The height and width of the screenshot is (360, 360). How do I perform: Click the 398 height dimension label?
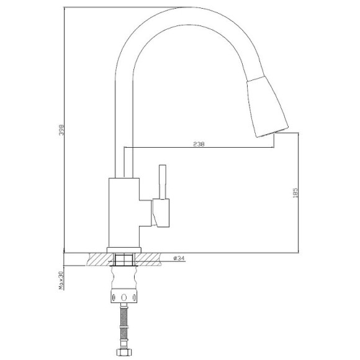pos(61,130)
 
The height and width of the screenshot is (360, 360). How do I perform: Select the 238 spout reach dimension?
pos(199,144)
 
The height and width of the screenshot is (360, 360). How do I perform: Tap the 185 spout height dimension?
pos(295,193)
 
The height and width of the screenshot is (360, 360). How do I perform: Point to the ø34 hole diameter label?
pos(179,258)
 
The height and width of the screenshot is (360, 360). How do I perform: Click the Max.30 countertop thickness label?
pos(61,281)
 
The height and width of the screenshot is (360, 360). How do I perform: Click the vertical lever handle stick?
pos(163,182)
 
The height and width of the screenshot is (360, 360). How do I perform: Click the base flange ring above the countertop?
pos(124,250)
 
